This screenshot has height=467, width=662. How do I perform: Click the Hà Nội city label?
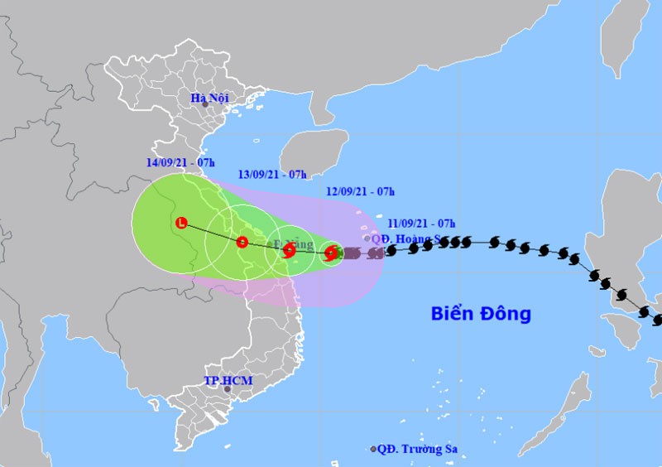(x=209, y=99)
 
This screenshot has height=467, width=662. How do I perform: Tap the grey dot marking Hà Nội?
(x=205, y=104)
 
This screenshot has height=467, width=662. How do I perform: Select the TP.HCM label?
(x=228, y=381)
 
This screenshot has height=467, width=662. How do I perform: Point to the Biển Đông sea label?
(x=481, y=314)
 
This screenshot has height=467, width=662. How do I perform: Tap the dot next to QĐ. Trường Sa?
(x=374, y=450)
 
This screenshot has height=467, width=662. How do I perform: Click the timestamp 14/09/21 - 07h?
(x=180, y=161)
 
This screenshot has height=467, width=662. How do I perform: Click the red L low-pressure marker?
(x=181, y=222)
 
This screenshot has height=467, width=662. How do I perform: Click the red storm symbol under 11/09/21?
(x=330, y=253)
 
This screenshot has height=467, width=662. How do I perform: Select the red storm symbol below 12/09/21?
(x=289, y=249)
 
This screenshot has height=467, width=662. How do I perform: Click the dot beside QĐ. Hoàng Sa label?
(x=367, y=238)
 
